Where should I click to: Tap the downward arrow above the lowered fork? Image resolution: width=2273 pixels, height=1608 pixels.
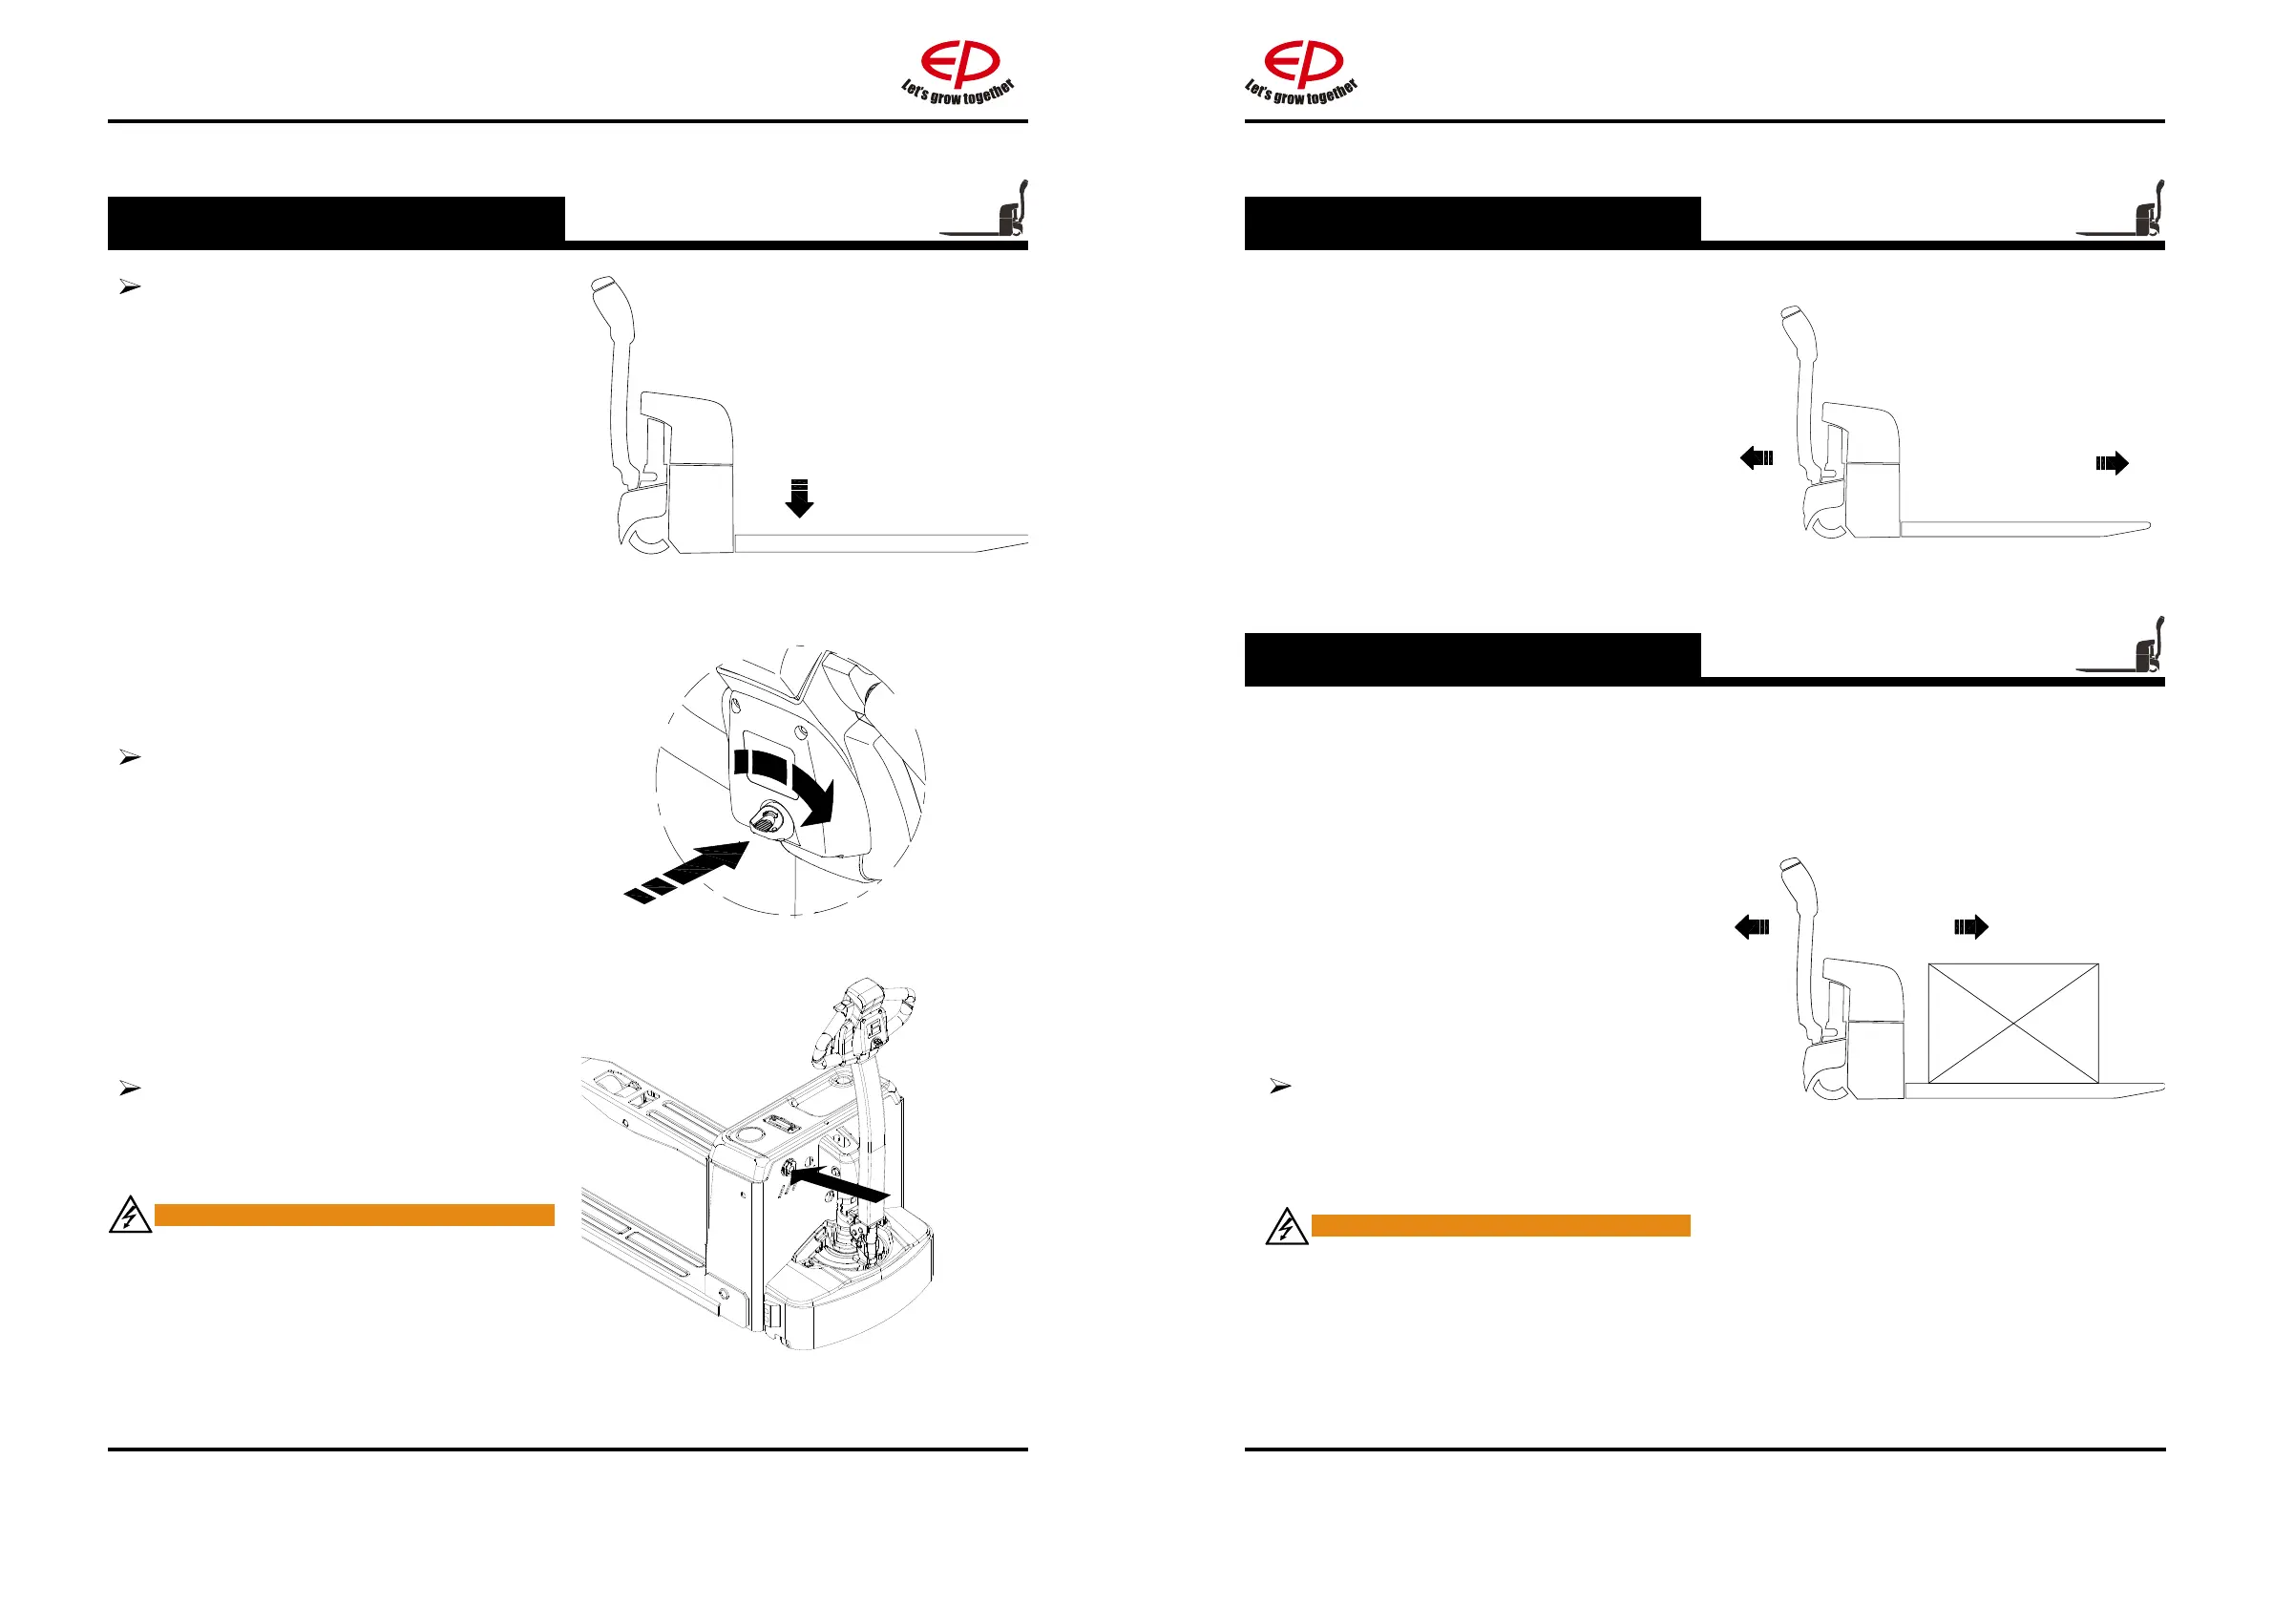pyautogui.click(x=799, y=498)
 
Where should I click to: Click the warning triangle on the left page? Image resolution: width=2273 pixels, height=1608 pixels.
pyautogui.click(x=130, y=1216)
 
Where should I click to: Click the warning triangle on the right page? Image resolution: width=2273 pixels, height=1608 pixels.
pyautogui.click(x=1286, y=1227)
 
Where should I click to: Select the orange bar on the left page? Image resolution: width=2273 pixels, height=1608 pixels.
pyautogui.click(x=353, y=1215)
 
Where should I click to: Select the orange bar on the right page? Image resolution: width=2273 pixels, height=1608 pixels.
pyautogui.click(x=1500, y=1226)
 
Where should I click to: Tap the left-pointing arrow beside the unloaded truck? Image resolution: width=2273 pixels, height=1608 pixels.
pyautogui.click(x=1757, y=457)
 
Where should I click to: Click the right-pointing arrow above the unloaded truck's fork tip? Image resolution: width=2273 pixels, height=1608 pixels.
pyautogui.click(x=2112, y=462)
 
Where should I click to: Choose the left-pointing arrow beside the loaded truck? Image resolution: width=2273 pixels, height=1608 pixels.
pyautogui.click(x=1753, y=927)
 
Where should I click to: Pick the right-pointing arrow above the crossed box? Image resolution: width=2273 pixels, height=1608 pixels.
pyautogui.click(x=1970, y=927)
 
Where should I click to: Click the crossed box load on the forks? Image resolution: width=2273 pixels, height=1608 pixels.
pyautogui.click(x=2012, y=1023)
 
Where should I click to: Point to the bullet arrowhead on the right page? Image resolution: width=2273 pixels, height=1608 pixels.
pyautogui.click(x=1280, y=1087)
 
